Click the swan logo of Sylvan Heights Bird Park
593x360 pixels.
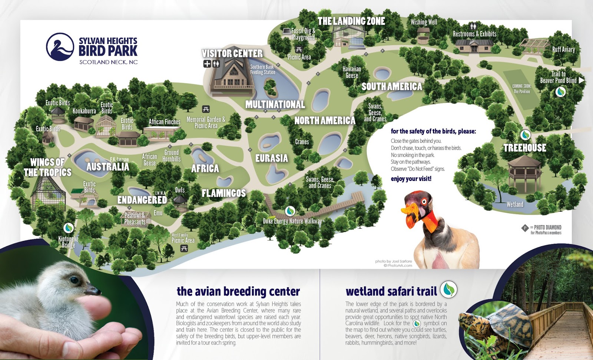pos(60,47)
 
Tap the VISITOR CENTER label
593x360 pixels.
pos(232,53)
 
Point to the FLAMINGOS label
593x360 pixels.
pos(223,193)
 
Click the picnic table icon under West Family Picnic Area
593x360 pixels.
pos(184,248)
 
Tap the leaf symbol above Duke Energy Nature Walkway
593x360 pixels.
pos(290,211)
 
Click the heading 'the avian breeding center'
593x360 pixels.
pos(238,291)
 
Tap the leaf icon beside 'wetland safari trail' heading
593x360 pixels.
pos(449,290)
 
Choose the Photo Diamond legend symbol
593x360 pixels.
pos(525,228)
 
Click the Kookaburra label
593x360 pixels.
pos(84,111)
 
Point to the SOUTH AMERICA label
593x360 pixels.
pos(392,87)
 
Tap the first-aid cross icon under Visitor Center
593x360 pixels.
pos(207,64)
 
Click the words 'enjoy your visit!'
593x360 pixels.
pos(411,179)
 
